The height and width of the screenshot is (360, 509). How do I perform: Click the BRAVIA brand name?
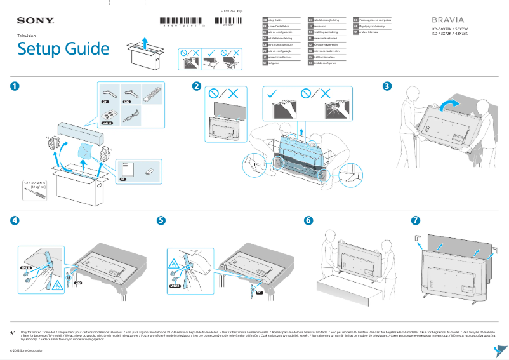449,20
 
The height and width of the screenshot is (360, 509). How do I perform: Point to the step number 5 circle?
161,220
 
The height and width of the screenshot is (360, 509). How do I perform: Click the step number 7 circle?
416,220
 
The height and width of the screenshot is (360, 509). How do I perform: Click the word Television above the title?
27,37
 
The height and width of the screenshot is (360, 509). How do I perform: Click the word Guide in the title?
86,50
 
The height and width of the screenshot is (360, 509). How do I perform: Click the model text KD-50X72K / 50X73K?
450,29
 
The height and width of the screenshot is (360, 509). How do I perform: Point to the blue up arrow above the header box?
145,42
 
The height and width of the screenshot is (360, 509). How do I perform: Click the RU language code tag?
355,20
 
